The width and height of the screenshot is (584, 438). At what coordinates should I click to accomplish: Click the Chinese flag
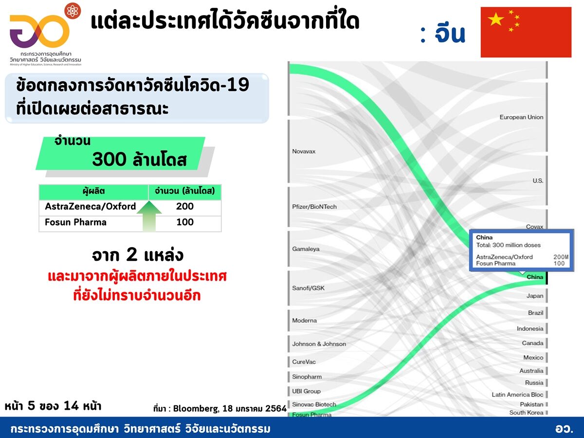(x=526, y=32)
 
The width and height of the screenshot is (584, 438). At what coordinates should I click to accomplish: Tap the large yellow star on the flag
(x=496, y=19)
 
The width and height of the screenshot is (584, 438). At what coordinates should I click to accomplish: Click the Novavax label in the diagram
(x=304, y=151)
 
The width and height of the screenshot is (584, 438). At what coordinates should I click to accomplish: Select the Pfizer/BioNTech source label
(x=314, y=207)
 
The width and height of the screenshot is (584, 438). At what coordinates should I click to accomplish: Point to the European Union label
(x=521, y=117)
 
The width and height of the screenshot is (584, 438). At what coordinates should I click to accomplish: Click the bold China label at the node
(x=535, y=277)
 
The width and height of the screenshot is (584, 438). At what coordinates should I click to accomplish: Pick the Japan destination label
(x=535, y=296)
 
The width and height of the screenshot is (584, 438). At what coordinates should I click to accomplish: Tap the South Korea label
(x=526, y=413)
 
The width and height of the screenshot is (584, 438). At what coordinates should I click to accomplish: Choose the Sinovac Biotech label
(x=314, y=404)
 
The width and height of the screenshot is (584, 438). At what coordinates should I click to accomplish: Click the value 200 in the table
(x=184, y=206)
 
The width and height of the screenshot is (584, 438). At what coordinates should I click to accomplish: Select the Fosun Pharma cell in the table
(x=75, y=222)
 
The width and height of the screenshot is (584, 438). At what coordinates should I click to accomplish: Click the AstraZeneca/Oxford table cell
(x=90, y=206)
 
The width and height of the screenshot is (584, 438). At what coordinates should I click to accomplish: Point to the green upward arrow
(x=149, y=216)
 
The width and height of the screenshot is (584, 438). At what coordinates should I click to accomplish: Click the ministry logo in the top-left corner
(x=45, y=35)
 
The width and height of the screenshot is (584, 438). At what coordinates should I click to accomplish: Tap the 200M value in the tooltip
(x=561, y=257)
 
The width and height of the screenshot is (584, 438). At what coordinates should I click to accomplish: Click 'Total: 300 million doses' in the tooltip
(x=508, y=245)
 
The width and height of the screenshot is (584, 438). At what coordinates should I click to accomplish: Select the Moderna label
(x=304, y=320)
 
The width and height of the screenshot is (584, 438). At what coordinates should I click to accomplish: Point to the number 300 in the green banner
(x=109, y=159)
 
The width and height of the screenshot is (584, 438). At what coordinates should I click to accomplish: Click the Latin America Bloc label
(x=517, y=394)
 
